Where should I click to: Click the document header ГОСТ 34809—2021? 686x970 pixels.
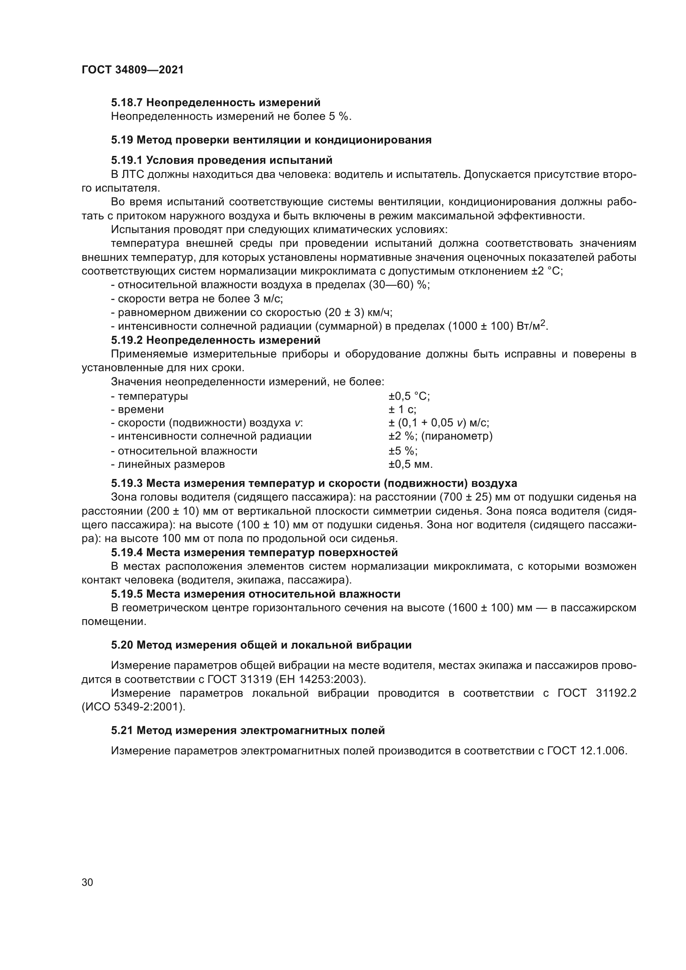coord(133,70)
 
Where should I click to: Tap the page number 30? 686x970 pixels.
coord(88,882)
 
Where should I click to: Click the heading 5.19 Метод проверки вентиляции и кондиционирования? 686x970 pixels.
coord(271,140)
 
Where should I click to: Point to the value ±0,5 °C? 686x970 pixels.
coord(409,396)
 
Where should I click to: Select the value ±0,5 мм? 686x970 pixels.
coord(411,464)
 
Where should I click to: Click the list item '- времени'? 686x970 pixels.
coord(137,409)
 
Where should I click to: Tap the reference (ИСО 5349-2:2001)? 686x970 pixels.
coord(134,707)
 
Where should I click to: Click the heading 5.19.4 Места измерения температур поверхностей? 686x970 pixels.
coord(254,552)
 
